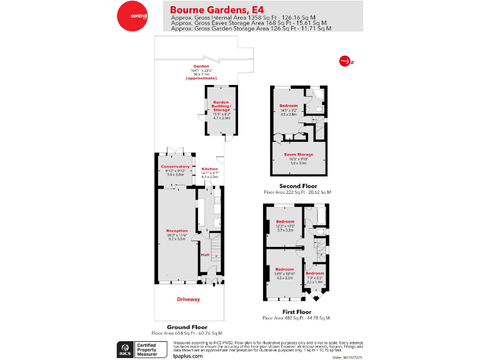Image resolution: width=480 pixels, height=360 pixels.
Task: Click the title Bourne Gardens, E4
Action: click(x=209, y=10)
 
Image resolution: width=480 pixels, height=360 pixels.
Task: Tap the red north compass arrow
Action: click(x=344, y=61)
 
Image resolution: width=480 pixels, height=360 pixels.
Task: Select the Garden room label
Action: click(x=200, y=66)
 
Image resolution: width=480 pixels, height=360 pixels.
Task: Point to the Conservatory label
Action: click(x=174, y=166)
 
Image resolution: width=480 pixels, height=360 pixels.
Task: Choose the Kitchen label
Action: click(x=209, y=169)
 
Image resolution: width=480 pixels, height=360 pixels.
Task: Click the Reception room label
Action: click(x=176, y=231)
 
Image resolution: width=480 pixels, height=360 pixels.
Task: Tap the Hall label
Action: click(x=205, y=254)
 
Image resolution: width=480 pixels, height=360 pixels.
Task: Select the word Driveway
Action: click(x=188, y=299)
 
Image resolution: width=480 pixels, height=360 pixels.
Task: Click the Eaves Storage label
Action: click(x=298, y=154)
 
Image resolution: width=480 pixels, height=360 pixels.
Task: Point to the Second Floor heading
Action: click(x=297, y=186)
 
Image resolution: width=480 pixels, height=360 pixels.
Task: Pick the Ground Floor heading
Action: click(x=187, y=327)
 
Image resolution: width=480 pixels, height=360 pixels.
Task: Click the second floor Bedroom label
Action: click(x=288, y=106)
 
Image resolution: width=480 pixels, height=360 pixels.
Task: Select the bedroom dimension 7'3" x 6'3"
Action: click(x=314, y=278)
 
